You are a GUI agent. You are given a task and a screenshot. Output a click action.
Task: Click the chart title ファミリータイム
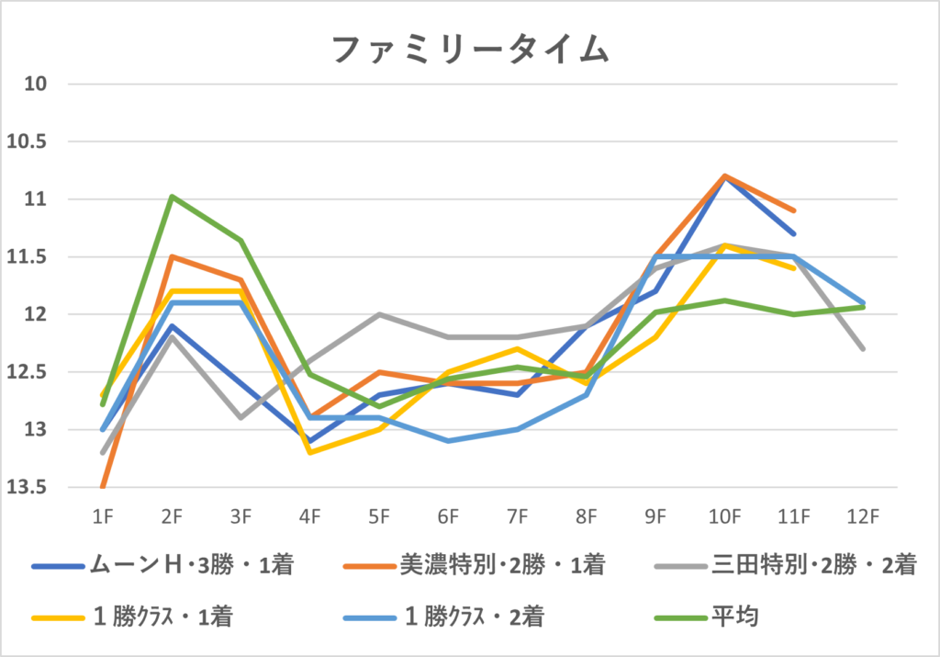click(x=469, y=49)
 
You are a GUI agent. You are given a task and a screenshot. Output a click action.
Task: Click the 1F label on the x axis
click(x=102, y=516)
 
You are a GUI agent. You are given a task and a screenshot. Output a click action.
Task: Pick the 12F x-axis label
click(x=863, y=516)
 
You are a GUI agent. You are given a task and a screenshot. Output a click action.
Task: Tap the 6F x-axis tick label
click(x=448, y=516)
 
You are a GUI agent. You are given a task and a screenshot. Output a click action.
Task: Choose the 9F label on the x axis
click(x=655, y=516)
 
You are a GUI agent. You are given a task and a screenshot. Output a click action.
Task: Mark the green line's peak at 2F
click(x=172, y=196)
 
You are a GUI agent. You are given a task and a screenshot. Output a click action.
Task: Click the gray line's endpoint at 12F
click(x=863, y=349)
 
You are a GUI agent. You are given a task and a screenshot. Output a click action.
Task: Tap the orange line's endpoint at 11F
click(x=794, y=210)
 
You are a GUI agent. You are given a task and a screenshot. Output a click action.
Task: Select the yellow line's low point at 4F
click(x=309, y=452)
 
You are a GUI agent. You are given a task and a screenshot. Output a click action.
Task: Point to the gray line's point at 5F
click(x=379, y=314)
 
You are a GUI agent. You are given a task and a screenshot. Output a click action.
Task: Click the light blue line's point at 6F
click(x=448, y=441)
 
